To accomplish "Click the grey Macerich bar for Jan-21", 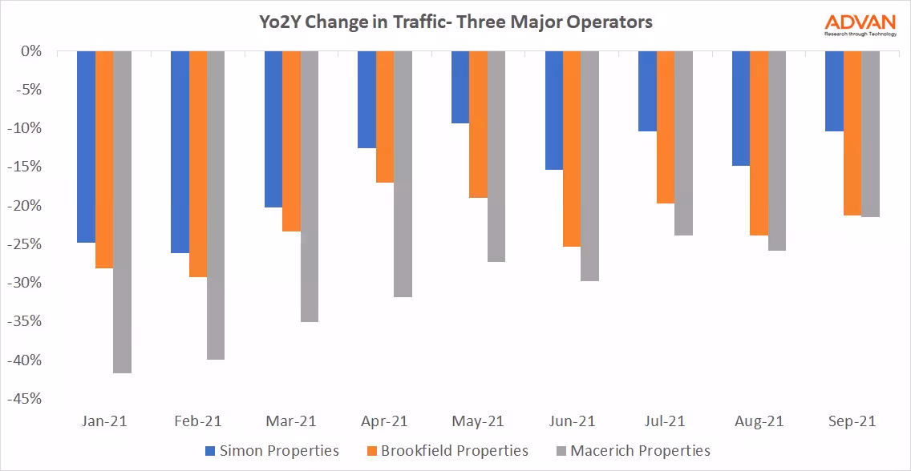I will tap(123, 212).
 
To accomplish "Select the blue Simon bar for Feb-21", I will tap(180, 152).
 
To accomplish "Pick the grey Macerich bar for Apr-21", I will tap(403, 174).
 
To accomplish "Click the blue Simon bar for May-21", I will tap(460, 87).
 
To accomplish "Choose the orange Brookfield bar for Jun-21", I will tap(572, 149).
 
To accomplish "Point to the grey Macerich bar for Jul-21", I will tap(684, 143).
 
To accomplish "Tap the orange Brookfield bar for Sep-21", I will tap(852, 133).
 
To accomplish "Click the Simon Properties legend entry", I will tap(272, 451).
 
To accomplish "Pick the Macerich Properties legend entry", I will tap(631, 451).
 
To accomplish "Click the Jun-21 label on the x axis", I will tap(572, 421).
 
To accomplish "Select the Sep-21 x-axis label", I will tap(852, 421).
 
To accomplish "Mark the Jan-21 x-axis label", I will tap(104, 421).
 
